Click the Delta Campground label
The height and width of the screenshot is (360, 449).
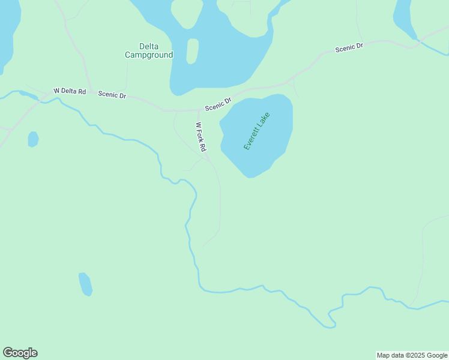(x=148, y=50)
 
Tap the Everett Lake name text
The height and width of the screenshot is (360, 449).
(x=257, y=131)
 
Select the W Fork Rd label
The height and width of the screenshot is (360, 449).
(x=201, y=137)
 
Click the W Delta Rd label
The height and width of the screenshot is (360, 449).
(x=70, y=91)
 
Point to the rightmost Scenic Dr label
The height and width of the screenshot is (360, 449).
(x=349, y=47)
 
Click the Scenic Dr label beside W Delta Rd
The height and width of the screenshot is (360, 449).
(x=112, y=95)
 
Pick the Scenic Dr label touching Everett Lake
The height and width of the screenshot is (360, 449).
(x=218, y=104)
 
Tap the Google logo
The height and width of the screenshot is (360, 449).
(x=20, y=353)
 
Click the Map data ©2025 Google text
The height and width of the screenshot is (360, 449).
(x=412, y=355)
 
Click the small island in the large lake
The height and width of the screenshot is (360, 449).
(x=192, y=51)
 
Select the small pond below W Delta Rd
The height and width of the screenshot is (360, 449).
(x=33, y=139)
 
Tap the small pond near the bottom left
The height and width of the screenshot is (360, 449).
(x=85, y=284)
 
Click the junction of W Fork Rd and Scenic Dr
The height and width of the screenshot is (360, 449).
(x=198, y=110)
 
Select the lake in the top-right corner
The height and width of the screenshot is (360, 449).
(x=404, y=18)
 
